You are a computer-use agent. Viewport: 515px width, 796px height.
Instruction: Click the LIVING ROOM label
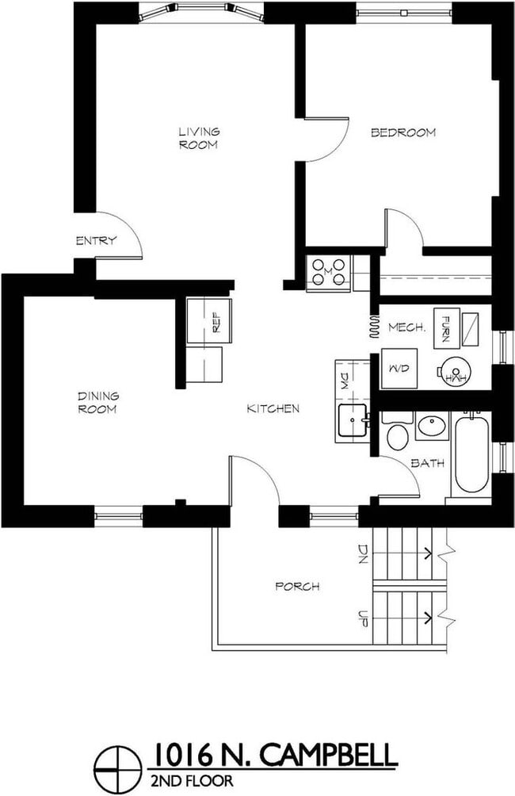click(x=198, y=138)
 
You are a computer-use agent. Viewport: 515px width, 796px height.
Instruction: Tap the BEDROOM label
click(x=403, y=132)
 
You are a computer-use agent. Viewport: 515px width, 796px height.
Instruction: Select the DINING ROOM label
click(x=97, y=403)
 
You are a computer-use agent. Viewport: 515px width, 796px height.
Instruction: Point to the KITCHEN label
click(x=273, y=408)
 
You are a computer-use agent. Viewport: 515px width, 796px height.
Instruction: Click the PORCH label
click(x=297, y=587)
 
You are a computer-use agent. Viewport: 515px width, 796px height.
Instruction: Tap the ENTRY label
click(x=96, y=241)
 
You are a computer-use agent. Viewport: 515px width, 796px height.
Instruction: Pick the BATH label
click(x=428, y=463)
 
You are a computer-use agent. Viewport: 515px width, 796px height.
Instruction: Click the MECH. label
click(x=408, y=327)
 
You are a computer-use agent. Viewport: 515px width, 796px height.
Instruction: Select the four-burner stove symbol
click(x=328, y=272)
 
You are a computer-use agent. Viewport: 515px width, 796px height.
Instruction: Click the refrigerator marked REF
click(x=209, y=320)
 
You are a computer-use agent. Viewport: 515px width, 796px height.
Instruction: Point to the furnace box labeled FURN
click(x=447, y=327)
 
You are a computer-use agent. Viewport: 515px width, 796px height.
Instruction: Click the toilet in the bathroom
click(x=395, y=434)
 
